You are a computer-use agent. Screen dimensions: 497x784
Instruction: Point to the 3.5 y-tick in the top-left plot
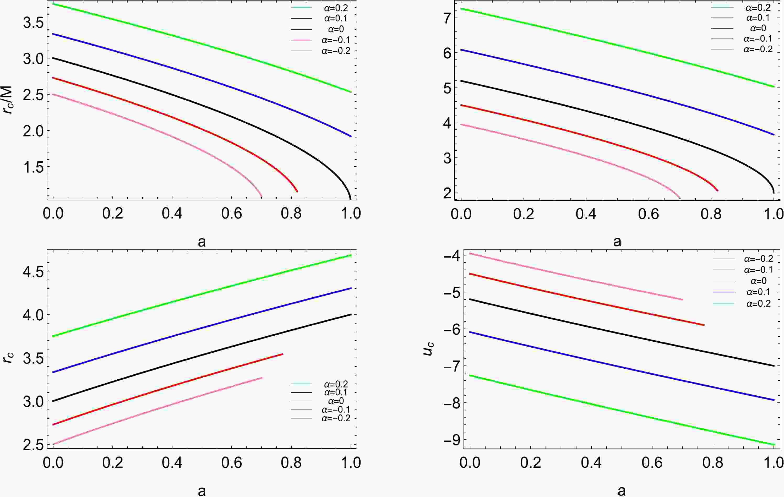34,23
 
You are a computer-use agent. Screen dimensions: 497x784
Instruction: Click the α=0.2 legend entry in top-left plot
336,8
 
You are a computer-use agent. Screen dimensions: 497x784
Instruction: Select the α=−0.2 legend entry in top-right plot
758,50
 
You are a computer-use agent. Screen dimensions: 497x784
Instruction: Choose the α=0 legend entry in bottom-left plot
336,401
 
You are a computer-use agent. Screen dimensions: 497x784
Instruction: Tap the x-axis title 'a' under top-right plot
617,242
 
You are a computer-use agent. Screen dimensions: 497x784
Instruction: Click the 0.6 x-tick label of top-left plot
231,214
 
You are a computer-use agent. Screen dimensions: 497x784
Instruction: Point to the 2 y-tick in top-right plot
448,193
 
